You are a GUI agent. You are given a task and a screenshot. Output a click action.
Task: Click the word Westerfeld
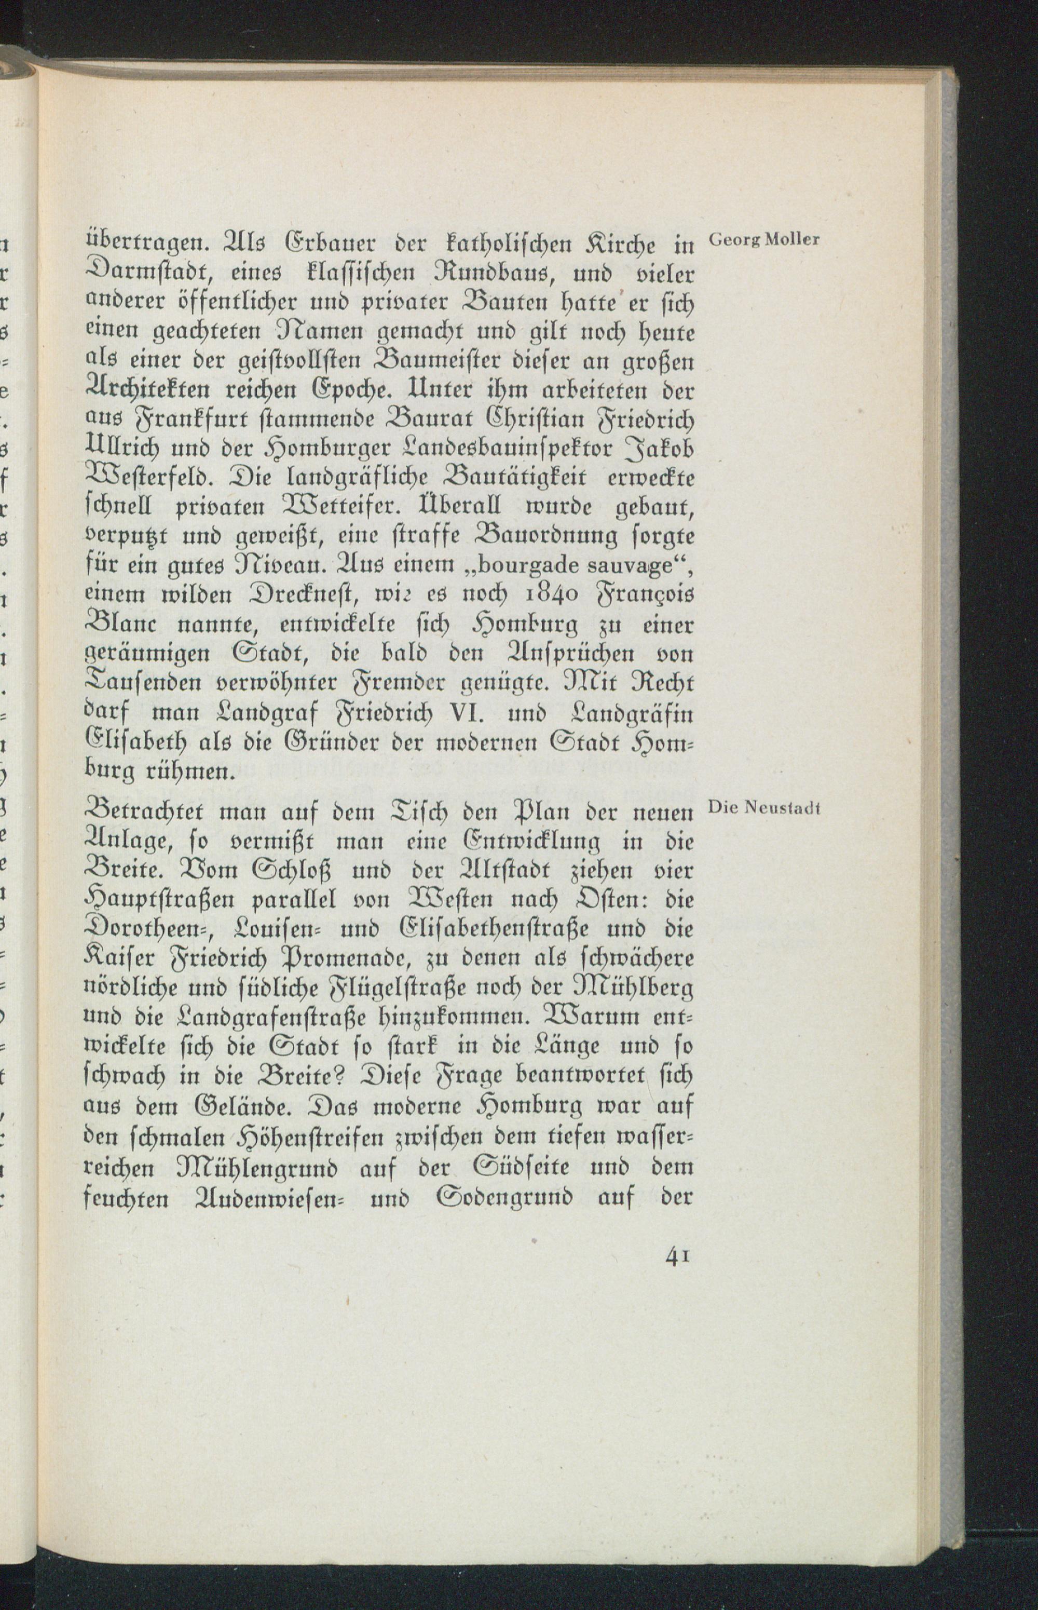point(156,479)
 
